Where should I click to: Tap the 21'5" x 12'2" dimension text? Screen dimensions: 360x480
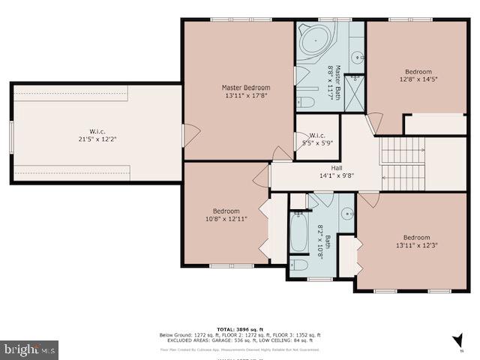click(x=97, y=139)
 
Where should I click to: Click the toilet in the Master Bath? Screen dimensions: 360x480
click(x=307, y=102)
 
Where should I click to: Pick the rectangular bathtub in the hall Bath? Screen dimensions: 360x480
click(x=298, y=232)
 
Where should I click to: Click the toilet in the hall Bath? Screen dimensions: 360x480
click(x=298, y=266)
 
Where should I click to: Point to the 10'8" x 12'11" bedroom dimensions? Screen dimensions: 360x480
click(x=226, y=219)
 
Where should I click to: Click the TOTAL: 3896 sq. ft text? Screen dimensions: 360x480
click(x=239, y=329)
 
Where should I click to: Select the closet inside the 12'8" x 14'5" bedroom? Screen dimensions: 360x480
click(x=436, y=124)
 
